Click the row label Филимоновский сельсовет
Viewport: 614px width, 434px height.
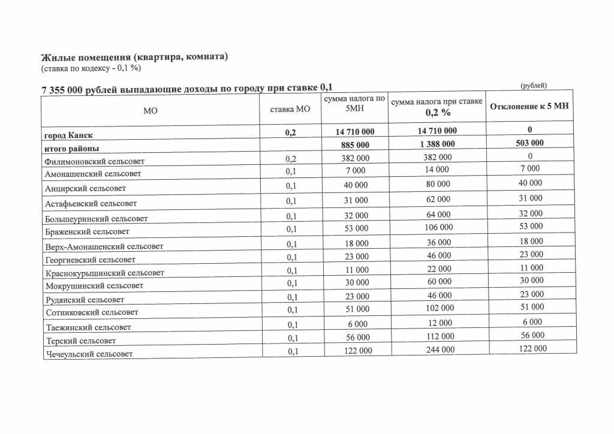pyautogui.click(x=94, y=161)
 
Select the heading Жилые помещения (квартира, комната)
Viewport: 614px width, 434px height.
pyautogui.click(x=135, y=57)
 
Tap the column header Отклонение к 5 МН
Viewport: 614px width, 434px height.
pyautogui.click(x=529, y=107)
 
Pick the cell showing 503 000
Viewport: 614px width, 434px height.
pyautogui.click(x=529, y=143)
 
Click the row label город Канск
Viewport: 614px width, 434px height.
pyautogui.click(x=68, y=135)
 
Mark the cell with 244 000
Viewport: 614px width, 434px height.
pyautogui.click(x=438, y=349)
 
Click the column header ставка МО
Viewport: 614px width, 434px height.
pyautogui.click(x=291, y=109)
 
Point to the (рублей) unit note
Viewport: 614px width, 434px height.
pyautogui.click(x=534, y=85)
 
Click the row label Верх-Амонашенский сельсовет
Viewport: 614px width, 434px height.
pyautogui.click(x=104, y=246)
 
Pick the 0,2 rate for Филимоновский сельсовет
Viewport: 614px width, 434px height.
pyautogui.click(x=291, y=159)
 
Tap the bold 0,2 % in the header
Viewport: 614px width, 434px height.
pyautogui.click(x=438, y=113)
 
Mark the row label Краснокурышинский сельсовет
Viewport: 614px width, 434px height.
pyautogui.click(x=104, y=273)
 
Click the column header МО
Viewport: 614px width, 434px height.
pyautogui.click(x=151, y=110)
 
